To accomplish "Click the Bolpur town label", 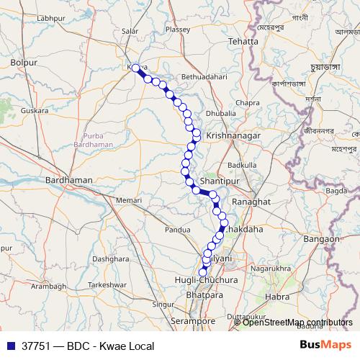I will click(24, 63).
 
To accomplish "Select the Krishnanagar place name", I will click(228, 135).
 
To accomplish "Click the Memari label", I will click(130, 199).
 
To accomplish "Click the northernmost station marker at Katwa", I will click(135, 68).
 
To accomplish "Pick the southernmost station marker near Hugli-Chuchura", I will click(203, 272).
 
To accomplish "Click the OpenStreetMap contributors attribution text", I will click(297, 323).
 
